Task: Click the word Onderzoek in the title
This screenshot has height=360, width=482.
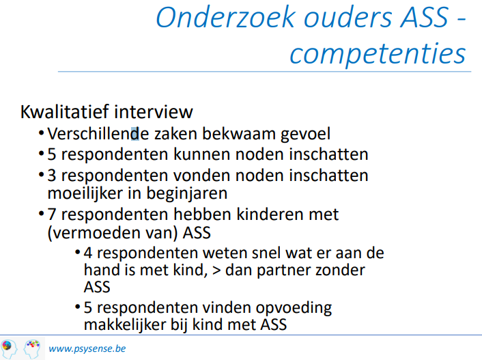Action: (226, 17)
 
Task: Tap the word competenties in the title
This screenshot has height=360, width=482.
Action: (378, 53)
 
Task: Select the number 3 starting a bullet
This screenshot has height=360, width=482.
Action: (52, 176)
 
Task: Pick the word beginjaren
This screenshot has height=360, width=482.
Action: (187, 193)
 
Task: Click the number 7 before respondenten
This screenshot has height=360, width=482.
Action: (52, 214)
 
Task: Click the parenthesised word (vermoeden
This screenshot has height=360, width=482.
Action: (87, 233)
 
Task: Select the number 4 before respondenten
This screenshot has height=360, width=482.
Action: (88, 253)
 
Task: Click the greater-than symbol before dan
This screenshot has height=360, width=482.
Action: (216, 271)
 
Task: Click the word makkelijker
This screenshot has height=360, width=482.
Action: (125, 324)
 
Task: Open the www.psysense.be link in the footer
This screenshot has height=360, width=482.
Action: (87, 348)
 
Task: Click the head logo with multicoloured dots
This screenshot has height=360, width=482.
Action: (32, 348)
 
